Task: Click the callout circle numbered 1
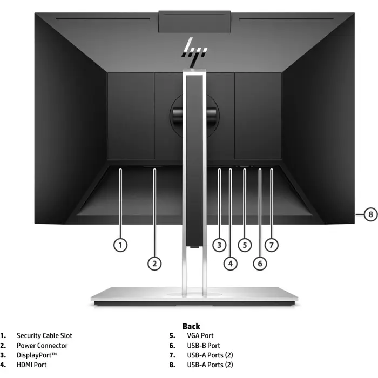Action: pos(120,245)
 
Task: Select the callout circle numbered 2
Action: pos(154,264)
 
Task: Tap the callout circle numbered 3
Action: pos(219,245)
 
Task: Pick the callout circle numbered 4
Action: pos(231,264)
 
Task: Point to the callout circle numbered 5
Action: pos(245,245)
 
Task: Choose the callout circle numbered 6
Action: pos(260,264)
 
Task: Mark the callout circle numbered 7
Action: pos(272,245)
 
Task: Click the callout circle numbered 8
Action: pos(370,214)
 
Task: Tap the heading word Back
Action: pos(191,326)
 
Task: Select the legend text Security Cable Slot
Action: pos(44,335)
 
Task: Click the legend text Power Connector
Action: pos(42,346)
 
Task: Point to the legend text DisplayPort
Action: pos(37,355)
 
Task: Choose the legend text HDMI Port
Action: pos(31,364)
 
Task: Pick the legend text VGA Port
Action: pos(200,335)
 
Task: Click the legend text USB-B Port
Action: pos(204,346)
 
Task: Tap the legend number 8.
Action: pos(172,364)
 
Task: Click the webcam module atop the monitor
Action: pos(194,22)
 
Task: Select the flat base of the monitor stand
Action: pos(194,296)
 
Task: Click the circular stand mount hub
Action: pos(194,115)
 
